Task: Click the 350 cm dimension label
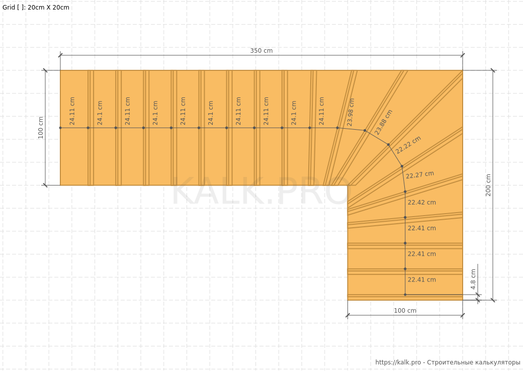(261, 51)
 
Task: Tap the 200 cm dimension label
(488, 185)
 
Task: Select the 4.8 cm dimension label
(473, 279)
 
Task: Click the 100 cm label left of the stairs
(41, 128)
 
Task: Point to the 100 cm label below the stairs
(405, 311)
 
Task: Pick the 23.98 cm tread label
(351, 112)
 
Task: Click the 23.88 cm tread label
(384, 122)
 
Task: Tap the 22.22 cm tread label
(408, 145)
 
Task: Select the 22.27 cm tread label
(420, 174)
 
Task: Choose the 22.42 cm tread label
(421, 202)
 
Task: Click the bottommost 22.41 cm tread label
(421, 280)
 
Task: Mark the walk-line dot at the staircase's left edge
(60, 128)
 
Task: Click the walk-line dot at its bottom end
(405, 295)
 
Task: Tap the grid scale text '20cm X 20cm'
(48, 8)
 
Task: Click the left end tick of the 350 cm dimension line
(60, 55)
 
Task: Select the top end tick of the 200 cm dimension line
(493, 70)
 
